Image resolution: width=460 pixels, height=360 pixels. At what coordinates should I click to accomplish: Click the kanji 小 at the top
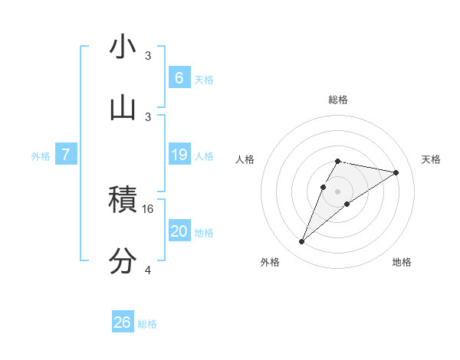pyautogui.click(x=123, y=47)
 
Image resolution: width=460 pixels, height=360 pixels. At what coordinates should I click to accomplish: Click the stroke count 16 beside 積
pyautogui.click(x=149, y=208)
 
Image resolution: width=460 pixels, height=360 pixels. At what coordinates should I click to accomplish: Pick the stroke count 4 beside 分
pyautogui.click(x=148, y=270)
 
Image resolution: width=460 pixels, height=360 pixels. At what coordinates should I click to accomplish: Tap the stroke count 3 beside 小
pyautogui.click(x=148, y=56)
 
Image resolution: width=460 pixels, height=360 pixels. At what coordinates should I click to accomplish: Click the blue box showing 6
pyautogui.click(x=179, y=77)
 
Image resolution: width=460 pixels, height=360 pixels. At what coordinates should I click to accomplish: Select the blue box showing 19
pyautogui.click(x=179, y=155)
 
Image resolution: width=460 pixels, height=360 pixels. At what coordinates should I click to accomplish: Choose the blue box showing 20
pyautogui.click(x=179, y=231)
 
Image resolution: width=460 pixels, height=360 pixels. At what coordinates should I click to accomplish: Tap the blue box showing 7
pyautogui.click(x=66, y=155)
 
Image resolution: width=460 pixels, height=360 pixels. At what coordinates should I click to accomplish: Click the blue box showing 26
pyautogui.click(x=123, y=322)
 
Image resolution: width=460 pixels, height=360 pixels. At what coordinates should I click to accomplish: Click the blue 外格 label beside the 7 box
pyautogui.click(x=41, y=156)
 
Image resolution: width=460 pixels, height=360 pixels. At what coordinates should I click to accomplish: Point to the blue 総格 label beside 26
pyautogui.click(x=147, y=324)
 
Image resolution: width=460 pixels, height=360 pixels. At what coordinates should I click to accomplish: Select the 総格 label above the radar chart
pyautogui.click(x=337, y=100)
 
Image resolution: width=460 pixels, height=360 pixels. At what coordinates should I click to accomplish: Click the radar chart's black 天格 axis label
pyautogui.click(x=431, y=159)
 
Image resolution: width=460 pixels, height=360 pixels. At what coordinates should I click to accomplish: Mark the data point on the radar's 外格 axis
pyautogui.click(x=302, y=242)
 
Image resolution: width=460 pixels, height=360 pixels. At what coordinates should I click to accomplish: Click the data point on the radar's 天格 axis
pyautogui.click(x=396, y=172)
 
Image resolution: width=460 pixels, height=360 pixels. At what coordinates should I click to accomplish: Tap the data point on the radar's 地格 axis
pyautogui.click(x=347, y=203)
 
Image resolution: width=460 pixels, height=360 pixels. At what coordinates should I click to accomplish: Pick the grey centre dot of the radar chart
pyautogui.click(x=337, y=191)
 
